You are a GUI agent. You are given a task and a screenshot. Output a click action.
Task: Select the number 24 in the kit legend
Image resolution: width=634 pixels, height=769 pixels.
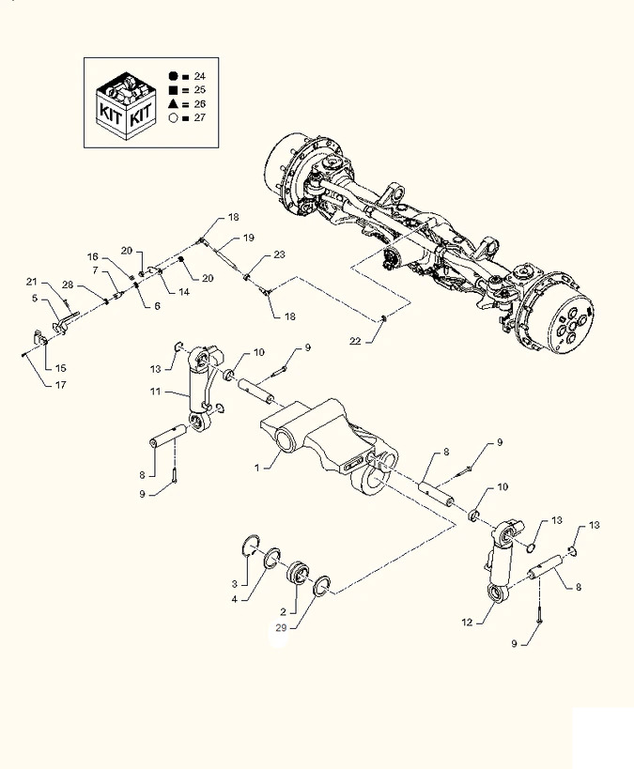pos(200,75)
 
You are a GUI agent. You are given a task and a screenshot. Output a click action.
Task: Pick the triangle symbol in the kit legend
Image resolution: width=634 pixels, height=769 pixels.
pos(174,103)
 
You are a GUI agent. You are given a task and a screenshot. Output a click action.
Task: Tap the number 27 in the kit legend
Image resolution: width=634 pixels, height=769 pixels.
pos(200,117)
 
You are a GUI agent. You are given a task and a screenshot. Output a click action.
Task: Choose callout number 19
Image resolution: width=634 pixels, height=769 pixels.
pos(249,238)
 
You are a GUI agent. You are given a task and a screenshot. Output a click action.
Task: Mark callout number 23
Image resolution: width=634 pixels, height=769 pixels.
pos(279,255)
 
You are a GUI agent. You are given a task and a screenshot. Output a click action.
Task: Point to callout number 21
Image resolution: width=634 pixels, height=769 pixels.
pos(31,283)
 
